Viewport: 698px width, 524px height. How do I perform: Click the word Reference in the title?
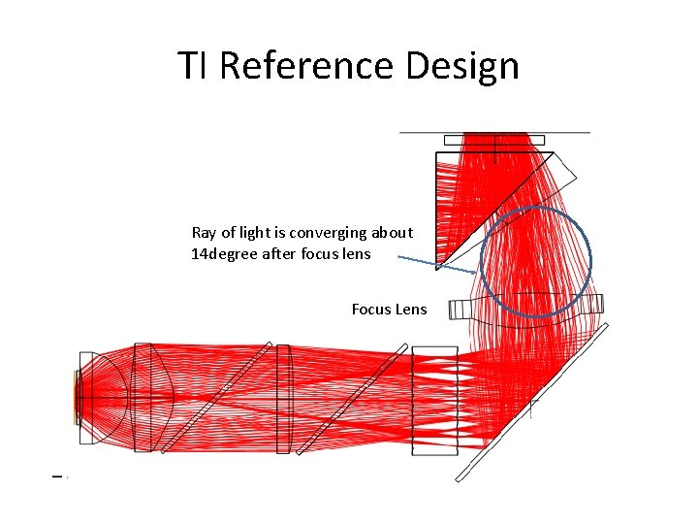coord(306,66)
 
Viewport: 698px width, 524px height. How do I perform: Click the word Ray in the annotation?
coord(204,233)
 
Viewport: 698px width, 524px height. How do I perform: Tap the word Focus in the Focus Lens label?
coord(373,310)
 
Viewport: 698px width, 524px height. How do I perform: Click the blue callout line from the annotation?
coord(436,265)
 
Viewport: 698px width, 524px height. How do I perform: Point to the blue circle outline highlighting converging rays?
coord(590,257)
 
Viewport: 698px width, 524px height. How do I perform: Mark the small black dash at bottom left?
coord(57,475)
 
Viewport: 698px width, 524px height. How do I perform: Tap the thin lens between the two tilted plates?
coord(283,398)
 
